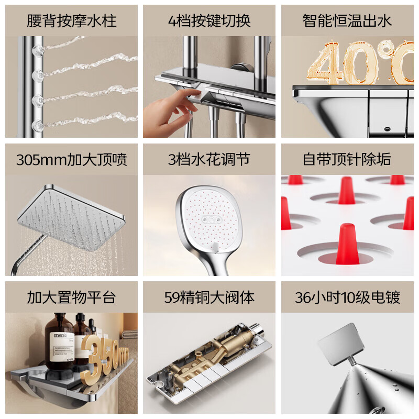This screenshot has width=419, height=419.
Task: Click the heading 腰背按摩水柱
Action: pyautogui.click(x=71, y=21)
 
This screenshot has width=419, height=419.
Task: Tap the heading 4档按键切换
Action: pyautogui.click(x=209, y=21)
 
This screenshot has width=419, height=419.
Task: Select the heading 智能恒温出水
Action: pyautogui.click(x=347, y=21)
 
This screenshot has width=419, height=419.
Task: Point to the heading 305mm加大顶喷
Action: pyautogui.click(x=71, y=160)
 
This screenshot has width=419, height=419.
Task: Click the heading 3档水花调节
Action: pyautogui.click(x=209, y=160)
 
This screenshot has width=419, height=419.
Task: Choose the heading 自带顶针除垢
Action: pyautogui.click(x=347, y=160)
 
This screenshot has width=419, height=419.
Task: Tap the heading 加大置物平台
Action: pyautogui.click(x=71, y=297)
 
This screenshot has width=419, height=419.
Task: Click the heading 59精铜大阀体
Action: pyautogui.click(x=209, y=297)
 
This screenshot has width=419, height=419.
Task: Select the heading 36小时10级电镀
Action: pyautogui.click(x=347, y=297)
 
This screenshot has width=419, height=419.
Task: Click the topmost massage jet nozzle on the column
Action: pyautogui.click(x=38, y=50)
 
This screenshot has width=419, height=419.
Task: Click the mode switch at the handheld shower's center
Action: pyautogui.click(x=212, y=219)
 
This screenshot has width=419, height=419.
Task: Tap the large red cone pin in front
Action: pyautogui.click(x=346, y=244)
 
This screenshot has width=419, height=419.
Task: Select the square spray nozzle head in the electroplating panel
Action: pyautogui.click(x=341, y=344)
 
